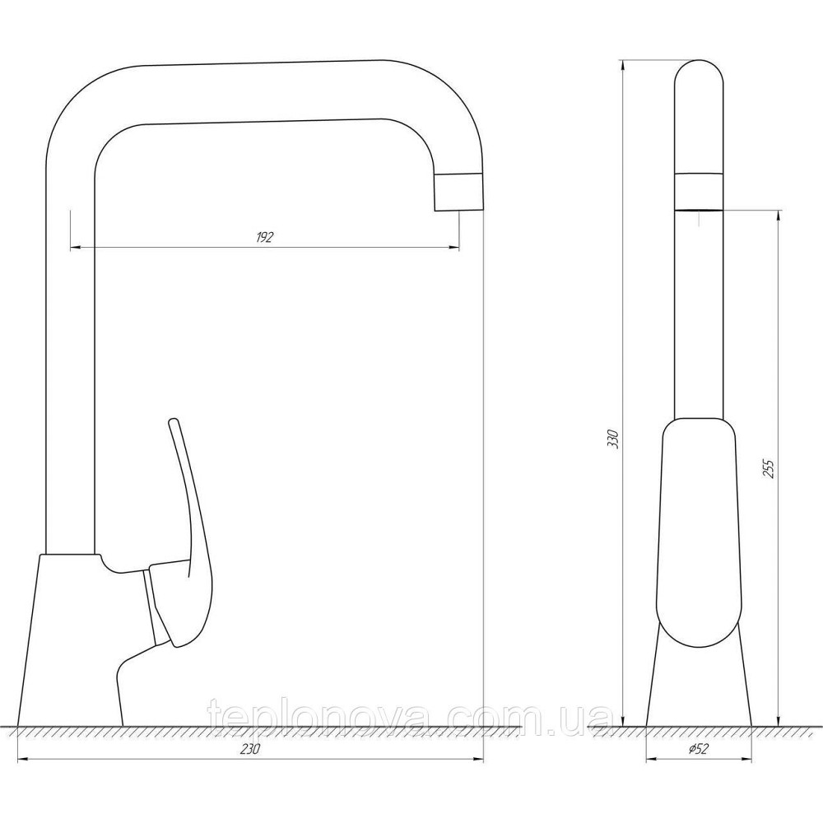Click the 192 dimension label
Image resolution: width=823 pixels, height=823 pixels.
[x=264, y=237]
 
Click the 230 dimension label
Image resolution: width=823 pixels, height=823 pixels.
[x=250, y=749]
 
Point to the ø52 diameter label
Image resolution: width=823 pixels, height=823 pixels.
[x=698, y=748]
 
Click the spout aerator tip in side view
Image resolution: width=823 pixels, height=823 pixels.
[x=458, y=192]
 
